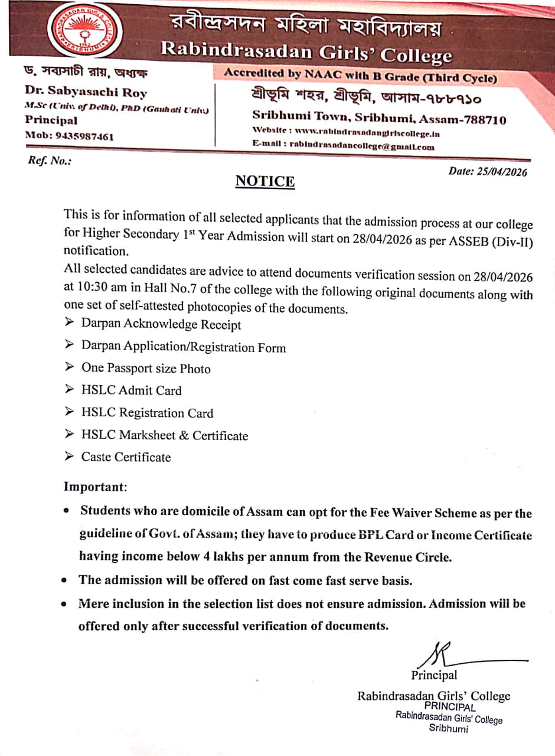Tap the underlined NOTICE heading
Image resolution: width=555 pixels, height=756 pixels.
pyautogui.click(x=265, y=181)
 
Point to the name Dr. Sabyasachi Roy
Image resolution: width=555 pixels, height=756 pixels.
pyautogui.click(x=86, y=92)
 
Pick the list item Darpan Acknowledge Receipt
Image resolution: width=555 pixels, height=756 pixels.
pyautogui.click(x=161, y=324)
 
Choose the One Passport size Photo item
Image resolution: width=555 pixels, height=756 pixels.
pyautogui.click(x=145, y=368)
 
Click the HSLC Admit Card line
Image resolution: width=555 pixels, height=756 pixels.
pyautogui.click(x=131, y=390)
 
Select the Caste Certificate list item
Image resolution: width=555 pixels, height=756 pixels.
pyautogui.click(x=126, y=457)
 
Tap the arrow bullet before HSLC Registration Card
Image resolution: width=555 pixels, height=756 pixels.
pyautogui.click(x=70, y=412)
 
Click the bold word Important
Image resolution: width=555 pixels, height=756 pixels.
pyautogui.click(x=95, y=487)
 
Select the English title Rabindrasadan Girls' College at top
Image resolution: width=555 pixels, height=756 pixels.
pyautogui.click(x=306, y=52)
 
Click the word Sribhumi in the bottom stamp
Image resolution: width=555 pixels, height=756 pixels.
pyautogui.click(x=448, y=729)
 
